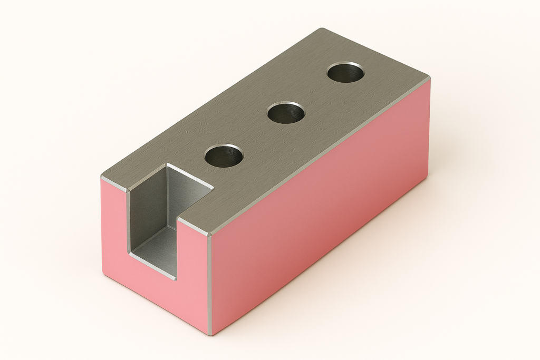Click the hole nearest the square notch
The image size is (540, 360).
coord(224,156)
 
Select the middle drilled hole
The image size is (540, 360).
coord(286,113)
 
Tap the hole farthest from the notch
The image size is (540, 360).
coord(346,72)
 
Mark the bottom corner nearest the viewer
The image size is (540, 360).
coord(209,334)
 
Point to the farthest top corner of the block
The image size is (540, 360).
coord(323,29)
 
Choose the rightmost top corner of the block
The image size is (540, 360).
coord(429,77)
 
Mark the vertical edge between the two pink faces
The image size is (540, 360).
coord(210,285)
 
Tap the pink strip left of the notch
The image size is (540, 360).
coord(114,227)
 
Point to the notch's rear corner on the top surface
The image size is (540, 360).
coord(168,165)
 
